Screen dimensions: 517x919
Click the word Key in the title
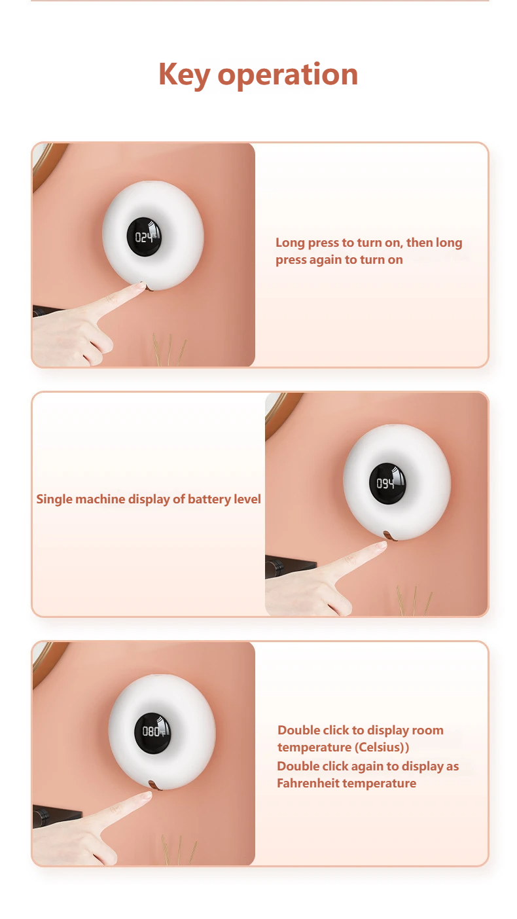pyautogui.click(x=185, y=75)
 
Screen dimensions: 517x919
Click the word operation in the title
pyautogui.click(x=288, y=75)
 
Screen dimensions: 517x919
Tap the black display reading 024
pyautogui.click(x=144, y=237)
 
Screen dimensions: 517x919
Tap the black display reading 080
pyautogui.click(x=153, y=733)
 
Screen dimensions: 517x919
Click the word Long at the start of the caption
pyautogui.click(x=291, y=243)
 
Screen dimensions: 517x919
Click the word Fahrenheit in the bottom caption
pyautogui.click(x=310, y=784)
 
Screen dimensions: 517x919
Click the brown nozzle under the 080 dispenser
pyautogui.click(x=155, y=785)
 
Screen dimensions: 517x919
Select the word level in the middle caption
pyautogui.click(x=247, y=499)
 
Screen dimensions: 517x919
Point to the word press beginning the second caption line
pyautogui.click(x=291, y=260)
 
